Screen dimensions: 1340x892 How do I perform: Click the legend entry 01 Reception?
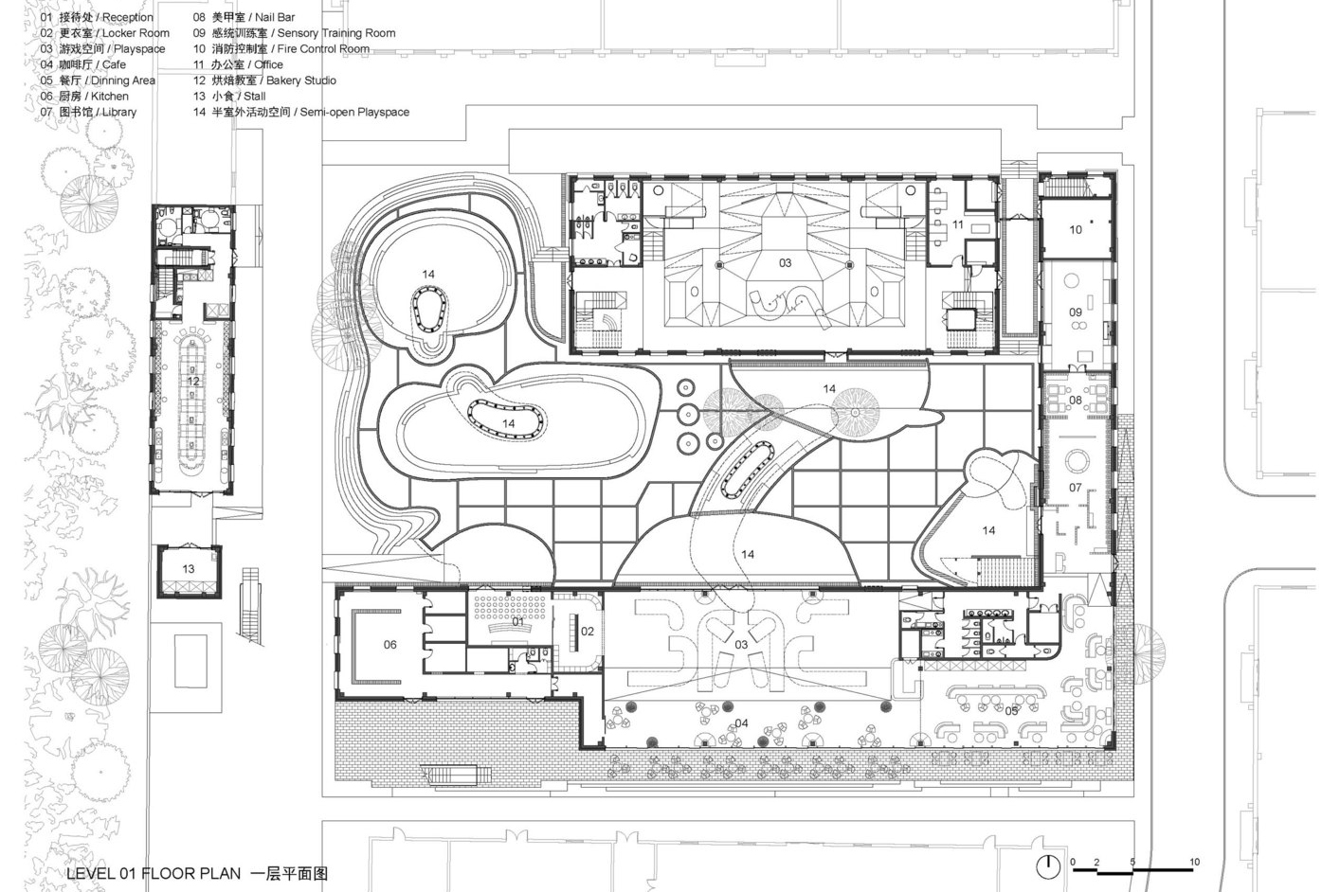97,17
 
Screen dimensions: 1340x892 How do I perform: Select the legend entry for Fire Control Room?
281,49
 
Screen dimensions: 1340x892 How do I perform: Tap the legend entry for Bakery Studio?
264,80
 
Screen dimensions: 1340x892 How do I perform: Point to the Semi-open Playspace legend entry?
301,112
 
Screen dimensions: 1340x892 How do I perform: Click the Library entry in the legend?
88,112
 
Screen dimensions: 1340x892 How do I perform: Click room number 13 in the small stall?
189,569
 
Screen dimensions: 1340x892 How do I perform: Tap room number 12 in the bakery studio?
192,382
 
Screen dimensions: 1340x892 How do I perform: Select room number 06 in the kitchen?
390,645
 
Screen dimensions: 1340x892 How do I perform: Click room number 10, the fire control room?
1076,229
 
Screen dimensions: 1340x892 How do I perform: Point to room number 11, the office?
958,224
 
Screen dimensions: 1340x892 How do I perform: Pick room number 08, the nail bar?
1076,400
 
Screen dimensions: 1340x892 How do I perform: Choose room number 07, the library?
1076,488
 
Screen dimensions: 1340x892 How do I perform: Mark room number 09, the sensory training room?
1076,312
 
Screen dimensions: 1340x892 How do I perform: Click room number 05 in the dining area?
1011,711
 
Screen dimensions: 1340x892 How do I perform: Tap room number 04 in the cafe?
741,723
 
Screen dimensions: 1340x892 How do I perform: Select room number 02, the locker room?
588,632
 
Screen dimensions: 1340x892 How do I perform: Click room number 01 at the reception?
518,622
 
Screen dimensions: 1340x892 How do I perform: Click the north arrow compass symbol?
1047,866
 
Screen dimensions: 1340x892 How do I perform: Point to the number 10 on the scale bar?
1194,862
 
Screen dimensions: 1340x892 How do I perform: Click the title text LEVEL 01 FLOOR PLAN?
154,873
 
